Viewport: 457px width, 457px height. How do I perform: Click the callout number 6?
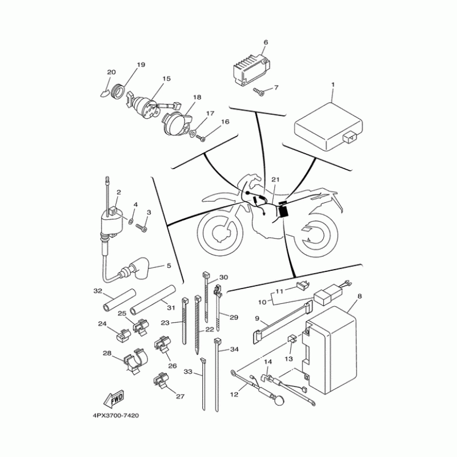pos(266,43)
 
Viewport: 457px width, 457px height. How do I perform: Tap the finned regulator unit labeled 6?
pos(246,69)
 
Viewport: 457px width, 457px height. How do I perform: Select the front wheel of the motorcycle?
pos(220,232)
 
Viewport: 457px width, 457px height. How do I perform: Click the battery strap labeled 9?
pos(280,324)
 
